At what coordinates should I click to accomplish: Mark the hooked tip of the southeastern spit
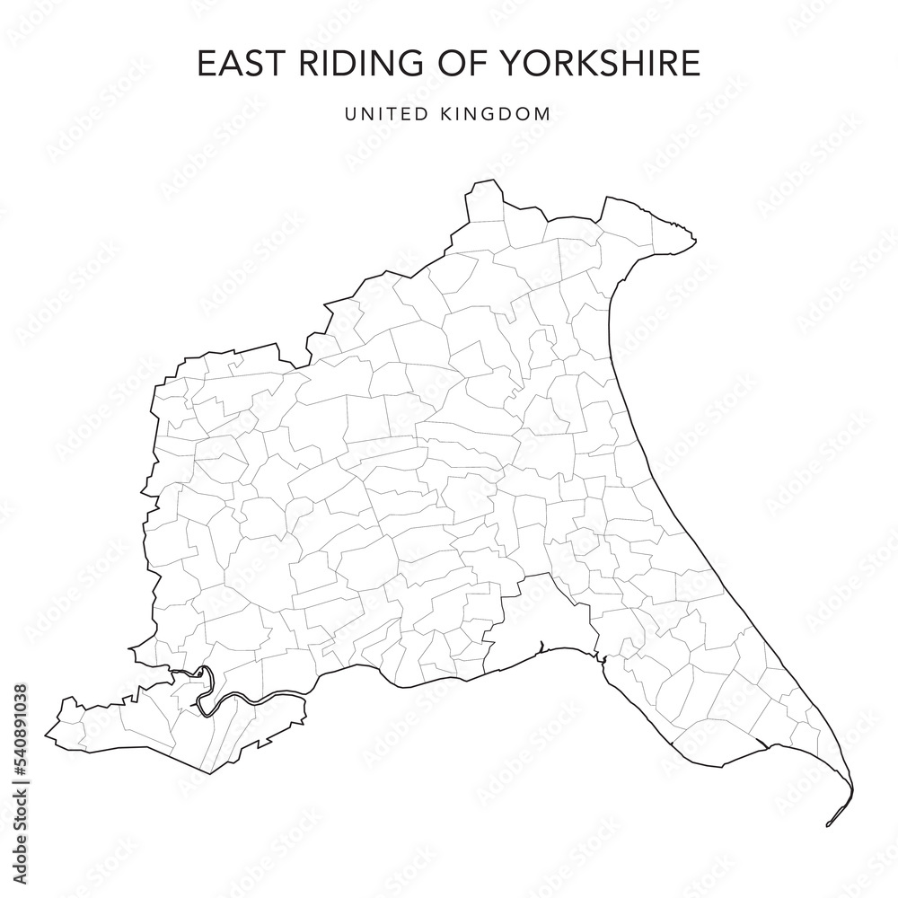828,823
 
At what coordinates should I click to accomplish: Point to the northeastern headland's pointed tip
695,237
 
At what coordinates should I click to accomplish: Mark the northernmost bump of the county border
485,183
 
